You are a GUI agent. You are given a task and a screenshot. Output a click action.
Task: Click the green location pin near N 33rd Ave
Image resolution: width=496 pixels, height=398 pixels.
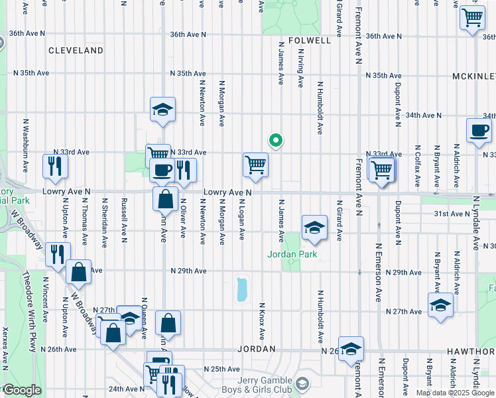275,140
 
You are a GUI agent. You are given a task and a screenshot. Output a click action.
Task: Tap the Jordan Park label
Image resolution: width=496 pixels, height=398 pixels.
292,254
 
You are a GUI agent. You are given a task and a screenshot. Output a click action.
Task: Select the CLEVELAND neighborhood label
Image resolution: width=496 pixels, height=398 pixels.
76,50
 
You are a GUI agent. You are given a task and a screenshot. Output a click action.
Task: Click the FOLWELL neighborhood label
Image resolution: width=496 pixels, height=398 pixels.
310,40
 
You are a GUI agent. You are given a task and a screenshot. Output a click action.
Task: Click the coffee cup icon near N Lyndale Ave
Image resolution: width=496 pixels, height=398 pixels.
479,130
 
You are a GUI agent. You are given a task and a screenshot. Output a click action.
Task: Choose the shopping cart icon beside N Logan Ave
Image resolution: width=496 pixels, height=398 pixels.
256,165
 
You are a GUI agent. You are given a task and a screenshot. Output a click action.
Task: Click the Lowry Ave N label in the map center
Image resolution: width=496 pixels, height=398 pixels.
227,192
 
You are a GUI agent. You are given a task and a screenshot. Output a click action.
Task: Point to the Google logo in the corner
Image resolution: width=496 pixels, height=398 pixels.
21,390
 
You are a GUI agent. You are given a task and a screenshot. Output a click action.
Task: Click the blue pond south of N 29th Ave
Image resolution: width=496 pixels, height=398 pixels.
241,290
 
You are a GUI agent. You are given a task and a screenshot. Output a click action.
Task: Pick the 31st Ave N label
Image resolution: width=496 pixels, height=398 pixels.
452,214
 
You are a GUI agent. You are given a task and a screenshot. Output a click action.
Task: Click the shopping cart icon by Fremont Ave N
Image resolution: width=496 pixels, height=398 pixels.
382,169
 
